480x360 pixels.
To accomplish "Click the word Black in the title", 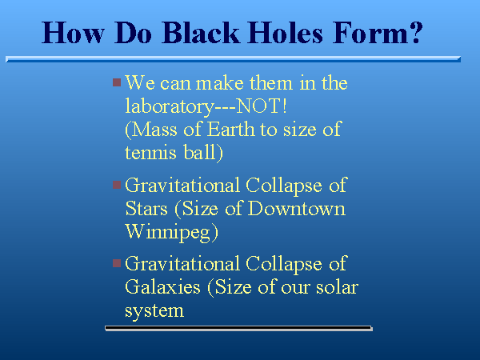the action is coord(201,33).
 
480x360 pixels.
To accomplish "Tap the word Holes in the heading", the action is coord(286,33).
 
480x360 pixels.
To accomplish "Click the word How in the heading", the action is coord(73,33).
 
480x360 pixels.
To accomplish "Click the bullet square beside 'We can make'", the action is coord(117,82).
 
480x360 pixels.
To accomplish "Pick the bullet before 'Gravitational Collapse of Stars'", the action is coord(117,185).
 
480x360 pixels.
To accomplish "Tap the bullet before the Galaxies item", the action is coord(117,263).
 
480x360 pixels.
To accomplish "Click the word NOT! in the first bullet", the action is coord(262,106).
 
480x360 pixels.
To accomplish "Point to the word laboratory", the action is coord(170,107).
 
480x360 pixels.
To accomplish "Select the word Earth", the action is coord(231,129).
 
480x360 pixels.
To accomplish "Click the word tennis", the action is coord(150,153).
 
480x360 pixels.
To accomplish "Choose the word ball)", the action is coord(203,153).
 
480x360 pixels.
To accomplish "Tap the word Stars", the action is coord(146,209).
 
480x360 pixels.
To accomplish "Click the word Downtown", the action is coord(297,209).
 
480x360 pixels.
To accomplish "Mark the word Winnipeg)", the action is coord(172,233).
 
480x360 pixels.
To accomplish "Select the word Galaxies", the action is coord(162,287).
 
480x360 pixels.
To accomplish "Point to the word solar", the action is coord(337,287).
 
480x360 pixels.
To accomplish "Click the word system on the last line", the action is coord(154,311).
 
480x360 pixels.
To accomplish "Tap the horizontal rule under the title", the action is coord(234,59).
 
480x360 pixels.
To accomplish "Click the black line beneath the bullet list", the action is coord(238,328).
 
